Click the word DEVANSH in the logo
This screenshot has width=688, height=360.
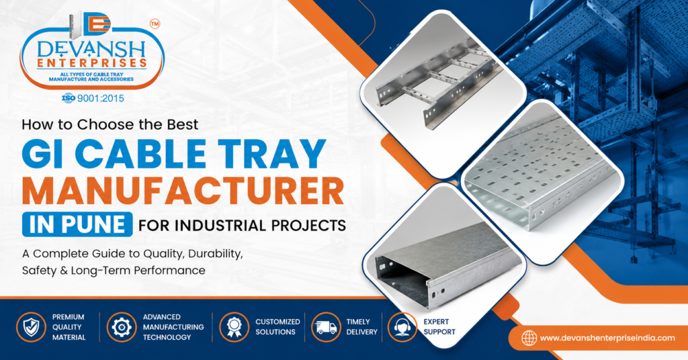91,49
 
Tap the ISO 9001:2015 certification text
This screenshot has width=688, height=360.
93,98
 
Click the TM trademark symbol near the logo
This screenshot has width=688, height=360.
155,24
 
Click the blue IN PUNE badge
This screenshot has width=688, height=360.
77,224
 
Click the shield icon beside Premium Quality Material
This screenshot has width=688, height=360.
31,327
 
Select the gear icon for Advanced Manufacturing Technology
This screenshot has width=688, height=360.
122,327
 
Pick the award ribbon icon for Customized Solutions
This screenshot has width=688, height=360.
234,327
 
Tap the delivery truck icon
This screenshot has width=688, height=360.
326,327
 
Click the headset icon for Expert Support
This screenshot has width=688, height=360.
402,327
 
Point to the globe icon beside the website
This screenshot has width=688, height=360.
529,338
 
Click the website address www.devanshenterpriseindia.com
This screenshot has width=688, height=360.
607,338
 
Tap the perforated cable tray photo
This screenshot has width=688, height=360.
543,183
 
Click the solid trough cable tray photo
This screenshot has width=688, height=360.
444,265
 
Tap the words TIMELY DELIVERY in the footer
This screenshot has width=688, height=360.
362,326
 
